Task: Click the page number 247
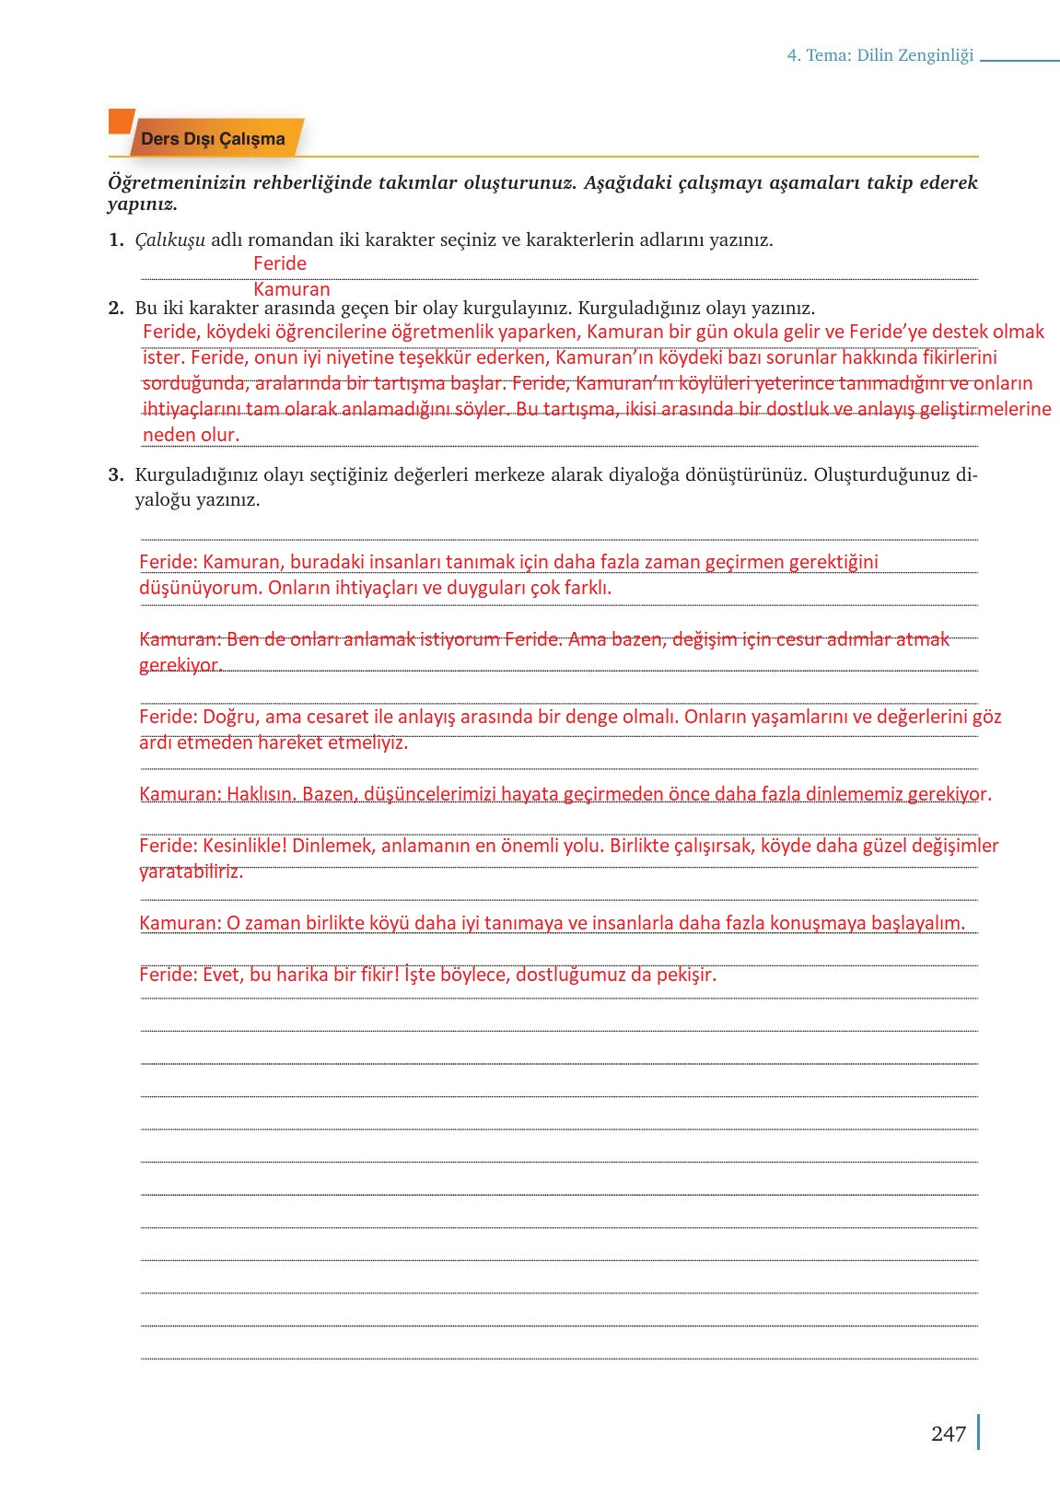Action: pos(948,1433)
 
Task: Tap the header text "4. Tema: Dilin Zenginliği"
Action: pos(879,55)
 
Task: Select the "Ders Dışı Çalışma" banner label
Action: pos(213,139)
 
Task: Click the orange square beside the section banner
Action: pos(120,122)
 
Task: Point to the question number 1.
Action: pos(115,240)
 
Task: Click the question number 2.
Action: pos(115,308)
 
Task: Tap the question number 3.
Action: pos(115,475)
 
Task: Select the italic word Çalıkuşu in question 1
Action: pos(169,240)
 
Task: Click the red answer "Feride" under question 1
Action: pos(279,263)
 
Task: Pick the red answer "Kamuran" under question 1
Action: pos(291,289)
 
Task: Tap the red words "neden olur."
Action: pos(191,435)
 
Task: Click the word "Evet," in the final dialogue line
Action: pos(223,975)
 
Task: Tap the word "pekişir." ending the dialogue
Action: pos(686,975)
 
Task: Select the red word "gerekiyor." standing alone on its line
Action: pos(181,665)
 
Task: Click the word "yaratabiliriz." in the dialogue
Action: pos(191,871)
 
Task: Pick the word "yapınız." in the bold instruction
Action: pos(143,204)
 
